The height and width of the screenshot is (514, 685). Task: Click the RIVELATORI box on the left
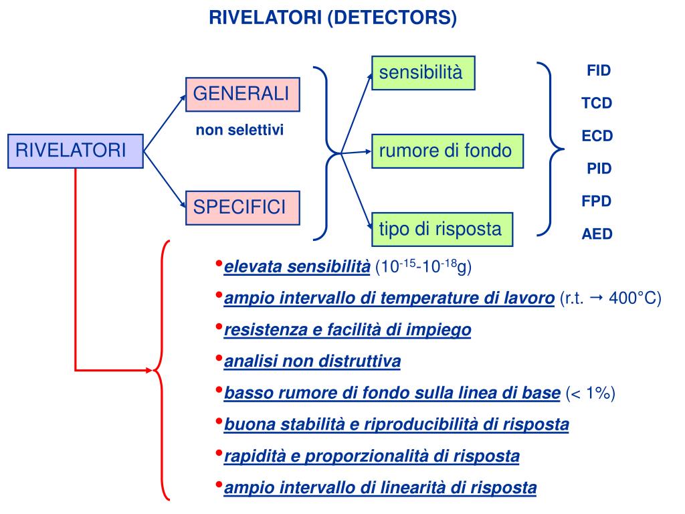(75, 151)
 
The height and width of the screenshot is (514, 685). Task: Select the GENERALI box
(242, 94)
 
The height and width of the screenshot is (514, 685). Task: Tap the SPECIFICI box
(242, 207)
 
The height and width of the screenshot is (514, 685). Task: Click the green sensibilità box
(423, 72)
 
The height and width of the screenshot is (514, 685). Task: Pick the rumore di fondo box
(447, 151)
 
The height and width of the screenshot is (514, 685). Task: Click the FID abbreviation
(599, 70)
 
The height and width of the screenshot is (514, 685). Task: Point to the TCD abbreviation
(597, 103)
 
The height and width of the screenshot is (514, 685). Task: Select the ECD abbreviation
(597, 136)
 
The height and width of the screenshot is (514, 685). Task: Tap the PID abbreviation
(599, 168)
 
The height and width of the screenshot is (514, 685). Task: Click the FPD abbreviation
(597, 201)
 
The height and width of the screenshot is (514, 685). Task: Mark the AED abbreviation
(597, 234)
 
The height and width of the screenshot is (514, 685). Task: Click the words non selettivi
(239, 130)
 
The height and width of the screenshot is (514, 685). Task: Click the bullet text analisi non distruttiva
(312, 362)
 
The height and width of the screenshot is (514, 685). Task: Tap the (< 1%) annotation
(590, 394)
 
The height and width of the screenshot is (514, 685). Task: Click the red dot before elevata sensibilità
(219, 264)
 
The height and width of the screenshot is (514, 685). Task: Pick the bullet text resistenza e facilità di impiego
(347, 330)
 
